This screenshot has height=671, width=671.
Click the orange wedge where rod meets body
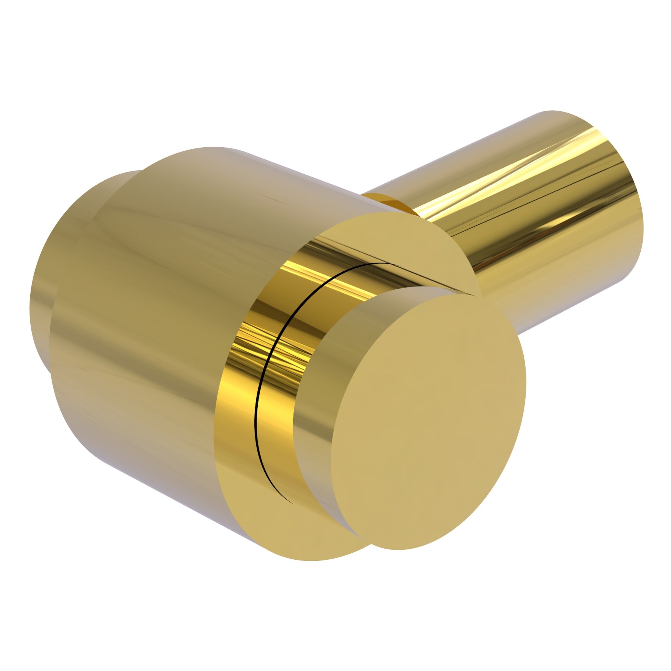[x=396, y=205]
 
